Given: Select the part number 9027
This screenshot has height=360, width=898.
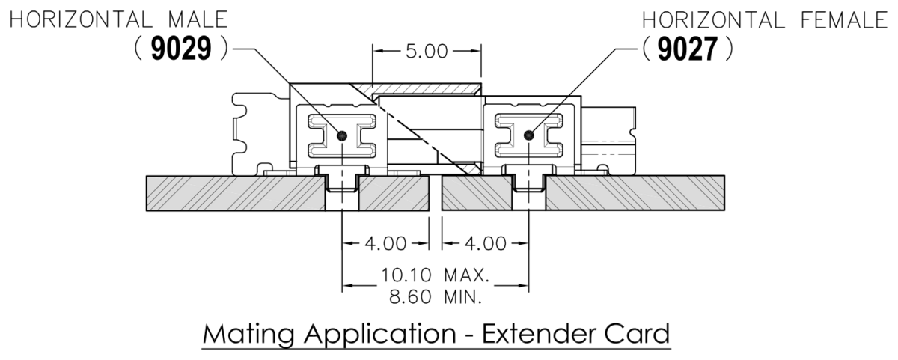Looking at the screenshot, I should (686, 49).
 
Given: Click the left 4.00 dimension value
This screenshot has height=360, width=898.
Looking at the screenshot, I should (386, 243).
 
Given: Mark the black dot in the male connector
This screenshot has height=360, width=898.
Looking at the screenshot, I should (342, 135).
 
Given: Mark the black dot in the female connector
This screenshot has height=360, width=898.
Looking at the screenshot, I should (529, 135).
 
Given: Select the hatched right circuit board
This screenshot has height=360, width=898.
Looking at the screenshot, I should (636, 194).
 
